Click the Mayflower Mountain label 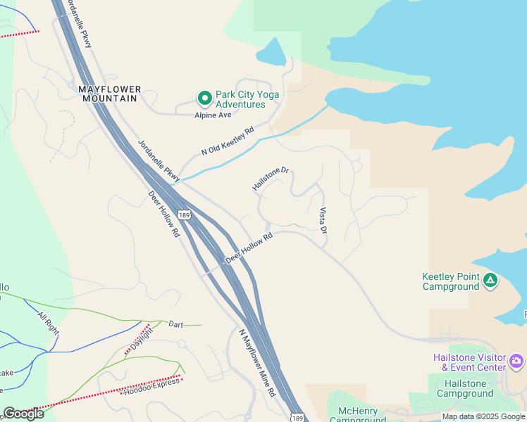click(x=109, y=94)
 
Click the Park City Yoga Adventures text click(x=247, y=99)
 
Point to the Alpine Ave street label click(x=213, y=115)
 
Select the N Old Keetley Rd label click(x=227, y=141)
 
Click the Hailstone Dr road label click(x=271, y=179)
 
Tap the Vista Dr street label click(x=323, y=221)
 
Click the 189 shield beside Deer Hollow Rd click(x=184, y=215)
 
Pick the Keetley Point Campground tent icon click(x=490, y=281)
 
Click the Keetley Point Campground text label click(x=450, y=281)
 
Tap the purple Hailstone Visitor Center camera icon click(x=516, y=362)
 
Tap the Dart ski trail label click(x=175, y=324)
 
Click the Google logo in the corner click(x=24, y=413)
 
